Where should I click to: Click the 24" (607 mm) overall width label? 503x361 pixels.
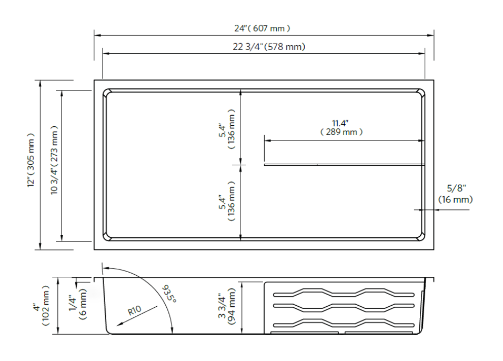point(262,28)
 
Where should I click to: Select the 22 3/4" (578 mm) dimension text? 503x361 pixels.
point(269,47)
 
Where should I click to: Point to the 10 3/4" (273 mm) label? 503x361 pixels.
point(55,160)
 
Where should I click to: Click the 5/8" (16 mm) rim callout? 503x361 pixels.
point(456,194)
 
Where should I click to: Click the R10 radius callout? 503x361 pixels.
point(136,312)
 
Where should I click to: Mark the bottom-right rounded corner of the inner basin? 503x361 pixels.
point(421,236)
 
